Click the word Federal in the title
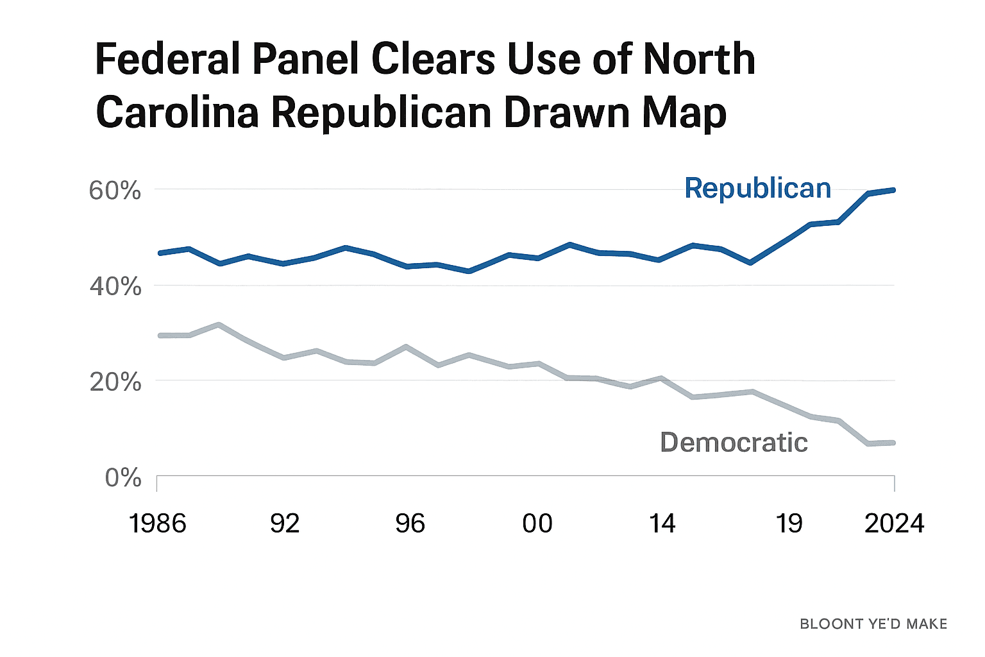(168, 60)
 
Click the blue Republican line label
(757, 189)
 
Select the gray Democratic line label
(734, 443)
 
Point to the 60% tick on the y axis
(115, 191)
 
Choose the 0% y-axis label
(123, 477)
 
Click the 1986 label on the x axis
(157, 524)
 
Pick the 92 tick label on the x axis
(285, 524)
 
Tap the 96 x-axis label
(410, 524)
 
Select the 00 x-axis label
(537, 524)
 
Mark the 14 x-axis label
(662, 524)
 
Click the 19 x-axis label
(789, 524)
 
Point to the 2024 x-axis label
(894, 524)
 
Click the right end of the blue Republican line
(893, 190)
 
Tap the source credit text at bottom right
(873, 624)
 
